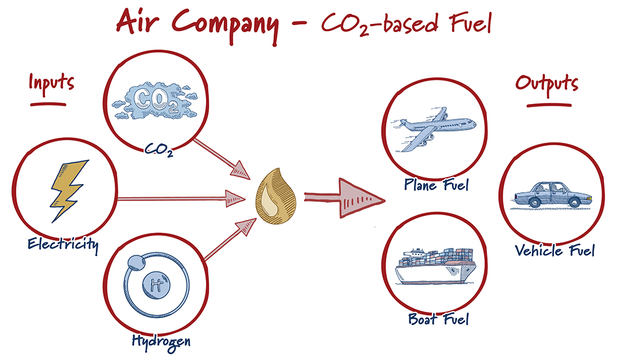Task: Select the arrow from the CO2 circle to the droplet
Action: point(219,157)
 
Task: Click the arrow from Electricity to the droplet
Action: point(182,199)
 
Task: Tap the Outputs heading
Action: point(546,85)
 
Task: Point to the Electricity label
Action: point(62,244)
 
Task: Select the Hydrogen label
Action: point(161,341)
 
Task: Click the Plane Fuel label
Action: point(436,185)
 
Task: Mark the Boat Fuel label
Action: point(438,319)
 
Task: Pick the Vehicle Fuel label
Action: point(554,250)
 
